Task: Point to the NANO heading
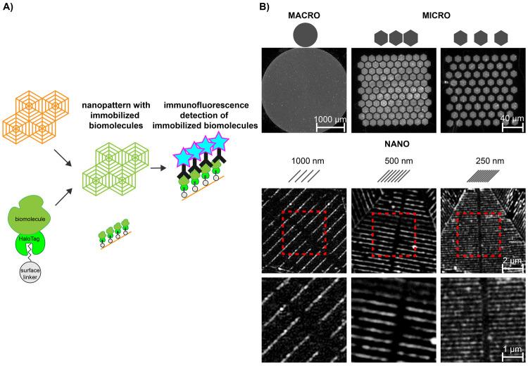[x=392, y=148]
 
